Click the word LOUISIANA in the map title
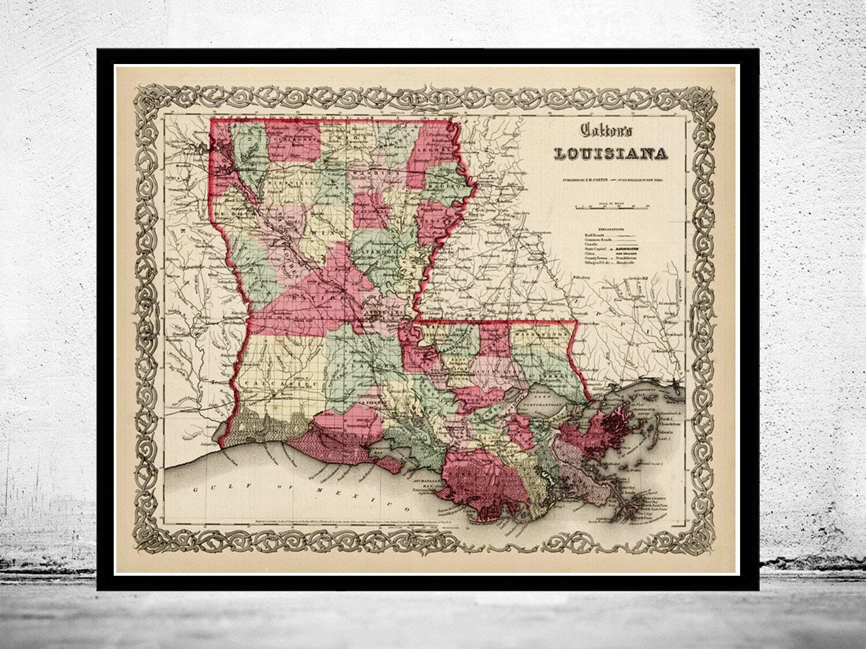[611, 154]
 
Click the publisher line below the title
[612, 180]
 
